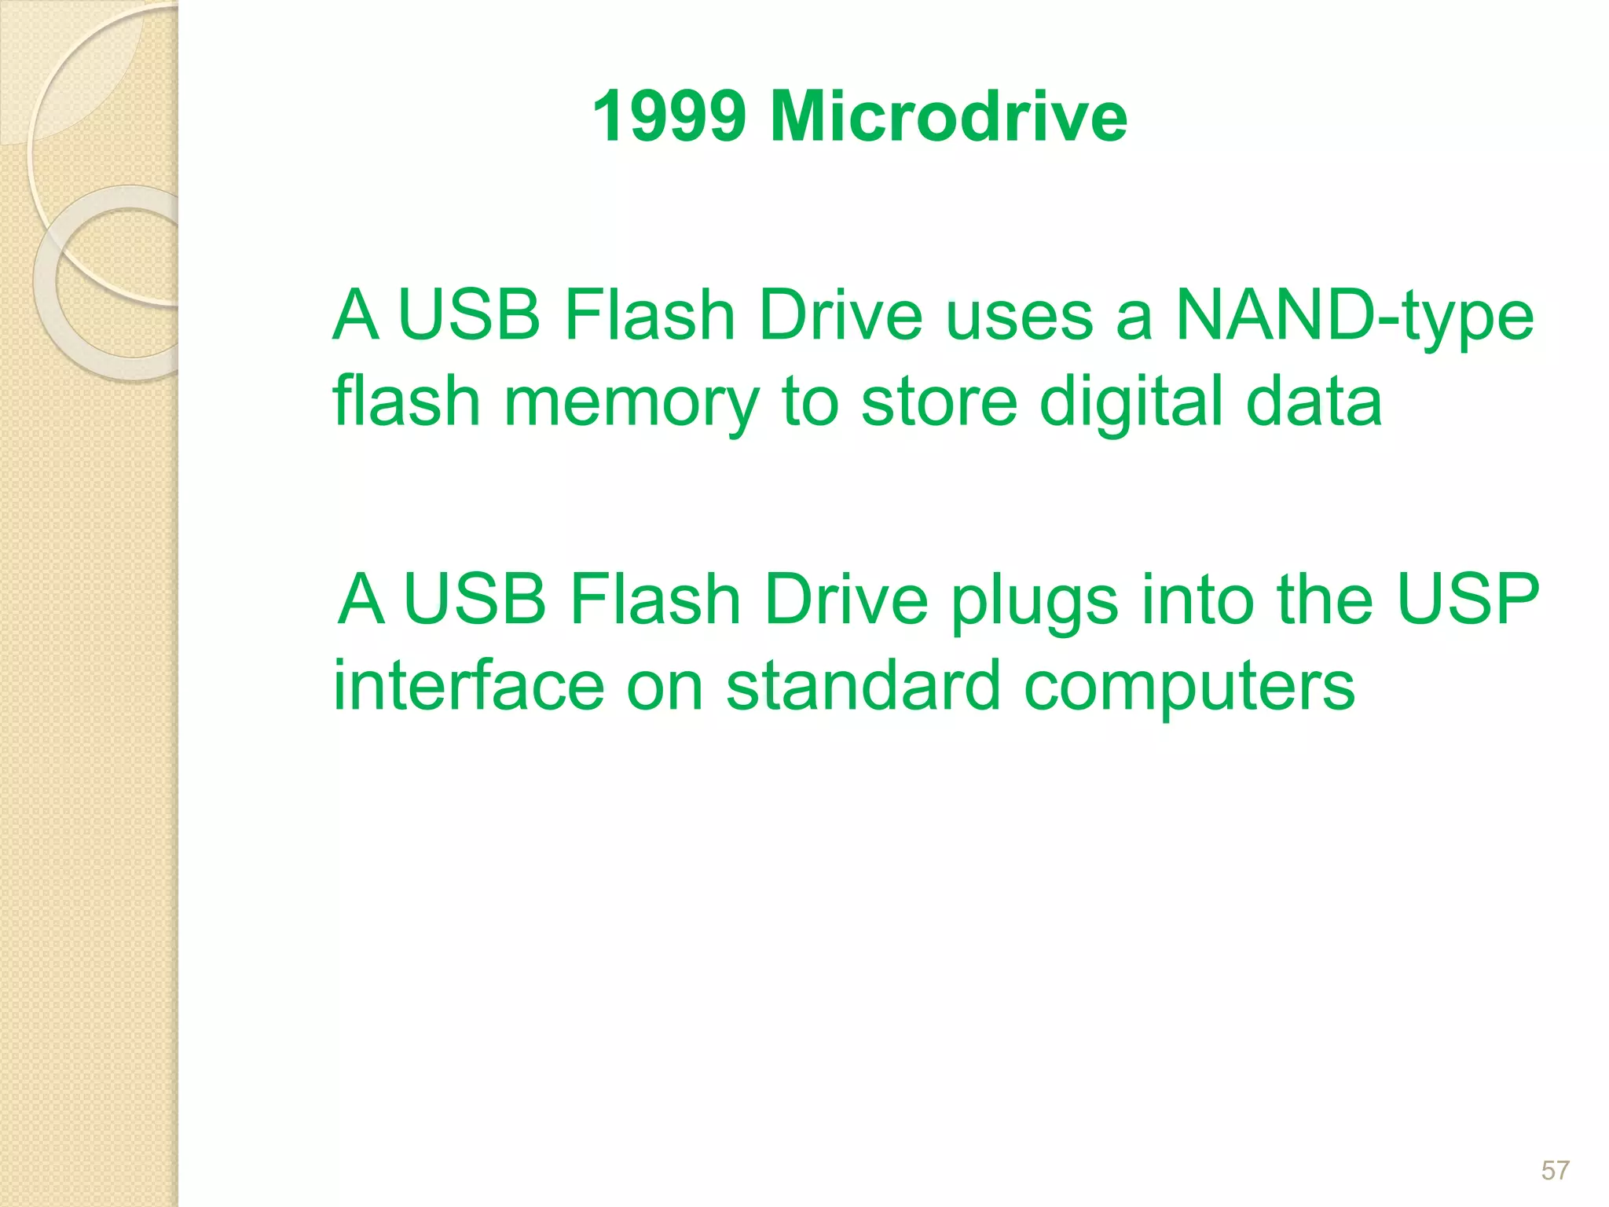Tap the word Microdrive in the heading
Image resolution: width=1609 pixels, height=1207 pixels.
pyautogui.click(x=949, y=116)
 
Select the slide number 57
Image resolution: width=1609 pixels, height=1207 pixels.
pyautogui.click(x=1555, y=1171)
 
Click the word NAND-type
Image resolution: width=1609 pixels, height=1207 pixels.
pyautogui.click(x=1354, y=317)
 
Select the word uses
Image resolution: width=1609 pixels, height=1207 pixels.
pyautogui.click(x=1020, y=317)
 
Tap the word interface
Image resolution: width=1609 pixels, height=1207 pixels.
pyautogui.click(x=469, y=685)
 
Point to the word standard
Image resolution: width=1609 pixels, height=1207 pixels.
pyautogui.click(x=863, y=685)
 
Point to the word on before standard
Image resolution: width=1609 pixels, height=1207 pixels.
pyautogui.click(x=665, y=687)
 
